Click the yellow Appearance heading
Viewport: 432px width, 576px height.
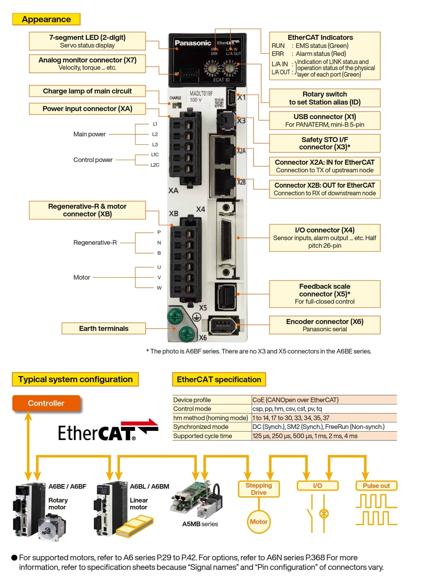coord(46,19)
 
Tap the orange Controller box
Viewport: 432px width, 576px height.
coord(46,403)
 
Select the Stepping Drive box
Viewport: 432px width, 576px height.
coord(259,489)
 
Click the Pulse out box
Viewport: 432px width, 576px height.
coord(376,486)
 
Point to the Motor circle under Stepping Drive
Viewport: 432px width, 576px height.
coord(259,521)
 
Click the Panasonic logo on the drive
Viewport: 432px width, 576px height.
coord(193,43)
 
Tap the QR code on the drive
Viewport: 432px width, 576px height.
coord(219,103)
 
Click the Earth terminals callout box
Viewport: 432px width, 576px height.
coord(104,328)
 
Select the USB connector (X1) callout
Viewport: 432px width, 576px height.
coord(325,121)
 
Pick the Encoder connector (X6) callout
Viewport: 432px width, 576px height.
coord(325,325)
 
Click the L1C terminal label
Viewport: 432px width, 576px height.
coord(155,155)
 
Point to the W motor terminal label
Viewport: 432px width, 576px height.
coord(159,288)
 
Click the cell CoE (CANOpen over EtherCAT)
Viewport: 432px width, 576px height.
coord(295,400)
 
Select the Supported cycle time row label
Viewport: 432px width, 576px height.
coord(203,436)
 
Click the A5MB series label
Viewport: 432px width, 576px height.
coord(200,524)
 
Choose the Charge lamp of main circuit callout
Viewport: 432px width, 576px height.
coord(87,91)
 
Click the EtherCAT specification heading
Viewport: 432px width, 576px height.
coord(219,379)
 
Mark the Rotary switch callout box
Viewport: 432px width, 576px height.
coord(325,98)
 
